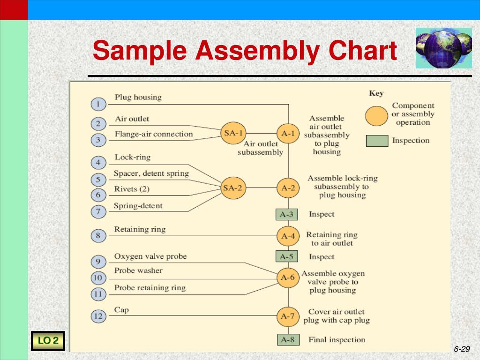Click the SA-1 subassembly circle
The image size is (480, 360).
pyautogui.click(x=233, y=133)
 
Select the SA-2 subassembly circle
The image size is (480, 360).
pyautogui.click(x=233, y=188)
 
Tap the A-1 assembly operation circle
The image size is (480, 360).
pyautogui.click(x=288, y=133)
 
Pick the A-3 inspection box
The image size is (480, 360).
pyautogui.click(x=286, y=214)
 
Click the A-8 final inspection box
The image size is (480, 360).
pyautogui.click(x=287, y=340)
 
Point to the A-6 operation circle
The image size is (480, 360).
pyautogui.click(x=288, y=277)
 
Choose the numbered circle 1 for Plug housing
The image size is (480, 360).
pyautogui.click(x=98, y=104)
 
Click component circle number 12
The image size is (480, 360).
pyautogui.click(x=98, y=316)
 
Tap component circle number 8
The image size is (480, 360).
pyautogui.click(x=98, y=236)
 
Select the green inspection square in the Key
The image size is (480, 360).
pyautogui.click(x=377, y=141)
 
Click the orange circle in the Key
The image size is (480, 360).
pyautogui.click(x=376, y=115)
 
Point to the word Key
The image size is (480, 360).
pyautogui.click(x=376, y=93)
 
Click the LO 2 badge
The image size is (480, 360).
pyautogui.click(x=48, y=341)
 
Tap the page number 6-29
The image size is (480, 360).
pyautogui.click(x=462, y=349)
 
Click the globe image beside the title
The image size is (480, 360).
pyautogui.click(x=437, y=48)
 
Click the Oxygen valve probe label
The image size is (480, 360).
pyautogui.click(x=150, y=256)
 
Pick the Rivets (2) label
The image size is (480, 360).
pyautogui.click(x=132, y=189)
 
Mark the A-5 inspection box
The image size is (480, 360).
pyautogui.click(x=286, y=256)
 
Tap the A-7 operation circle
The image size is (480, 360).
pyautogui.click(x=288, y=316)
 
